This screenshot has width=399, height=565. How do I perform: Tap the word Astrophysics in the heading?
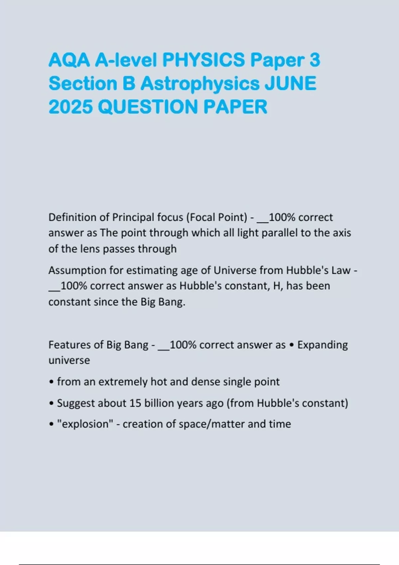coord(200,83)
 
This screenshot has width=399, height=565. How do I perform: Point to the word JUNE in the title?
coord(290,83)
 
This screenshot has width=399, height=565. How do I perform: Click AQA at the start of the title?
coord(69,60)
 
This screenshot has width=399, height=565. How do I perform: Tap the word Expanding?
coord(323,345)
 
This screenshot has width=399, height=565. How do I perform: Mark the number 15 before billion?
coord(135,403)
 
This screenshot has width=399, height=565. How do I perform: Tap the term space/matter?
coord(211,424)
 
